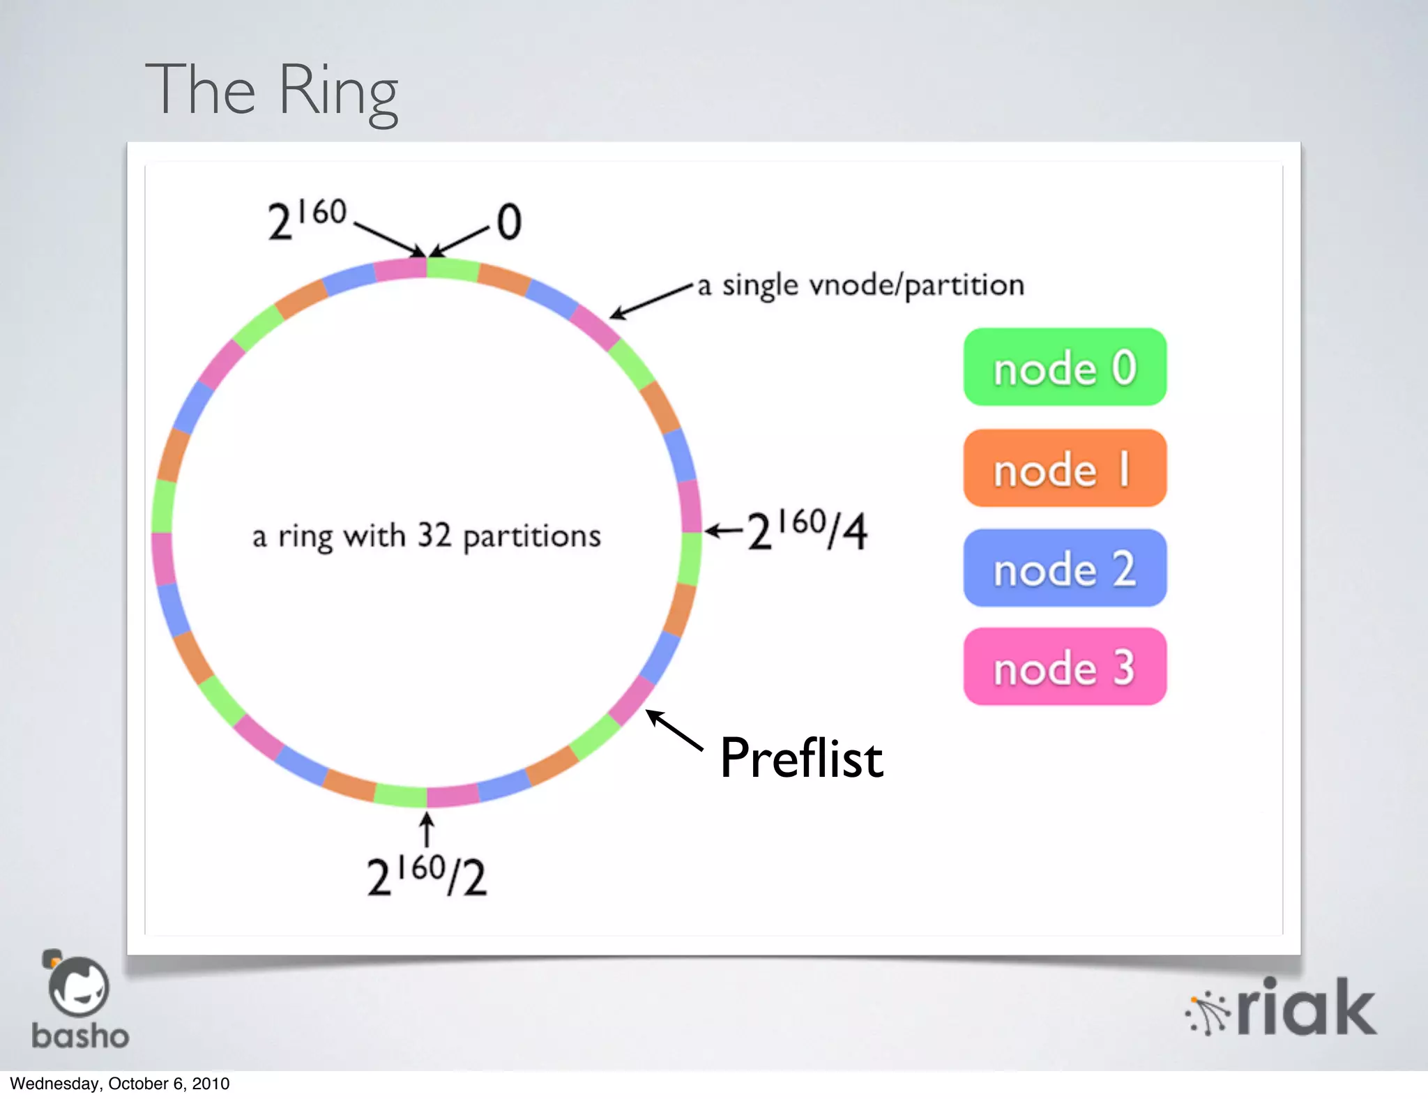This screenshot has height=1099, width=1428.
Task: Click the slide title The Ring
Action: [272, 91]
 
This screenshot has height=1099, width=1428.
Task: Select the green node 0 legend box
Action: [1065, 367]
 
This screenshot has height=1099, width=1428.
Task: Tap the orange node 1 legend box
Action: [1065, 468]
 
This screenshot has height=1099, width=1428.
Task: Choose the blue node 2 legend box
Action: [1065, 568]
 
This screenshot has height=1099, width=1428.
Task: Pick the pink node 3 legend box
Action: [1065, 667]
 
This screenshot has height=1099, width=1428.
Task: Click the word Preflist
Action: [802, 758]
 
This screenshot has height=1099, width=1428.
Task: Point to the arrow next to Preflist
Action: [674, 730]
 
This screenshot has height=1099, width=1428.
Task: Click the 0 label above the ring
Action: [509, 222]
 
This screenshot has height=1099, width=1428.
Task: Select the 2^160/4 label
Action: [807, 531]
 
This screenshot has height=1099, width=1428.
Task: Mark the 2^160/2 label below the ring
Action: [427, 876]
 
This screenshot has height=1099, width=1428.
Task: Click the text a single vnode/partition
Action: [861, 285]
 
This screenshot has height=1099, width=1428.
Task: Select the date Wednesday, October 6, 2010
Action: [120, 1084]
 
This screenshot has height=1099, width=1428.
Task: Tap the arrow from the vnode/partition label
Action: [651, 301]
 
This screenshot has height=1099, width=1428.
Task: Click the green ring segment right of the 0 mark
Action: [453, 269]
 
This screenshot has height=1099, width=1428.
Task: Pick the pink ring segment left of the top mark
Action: [400, 269]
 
